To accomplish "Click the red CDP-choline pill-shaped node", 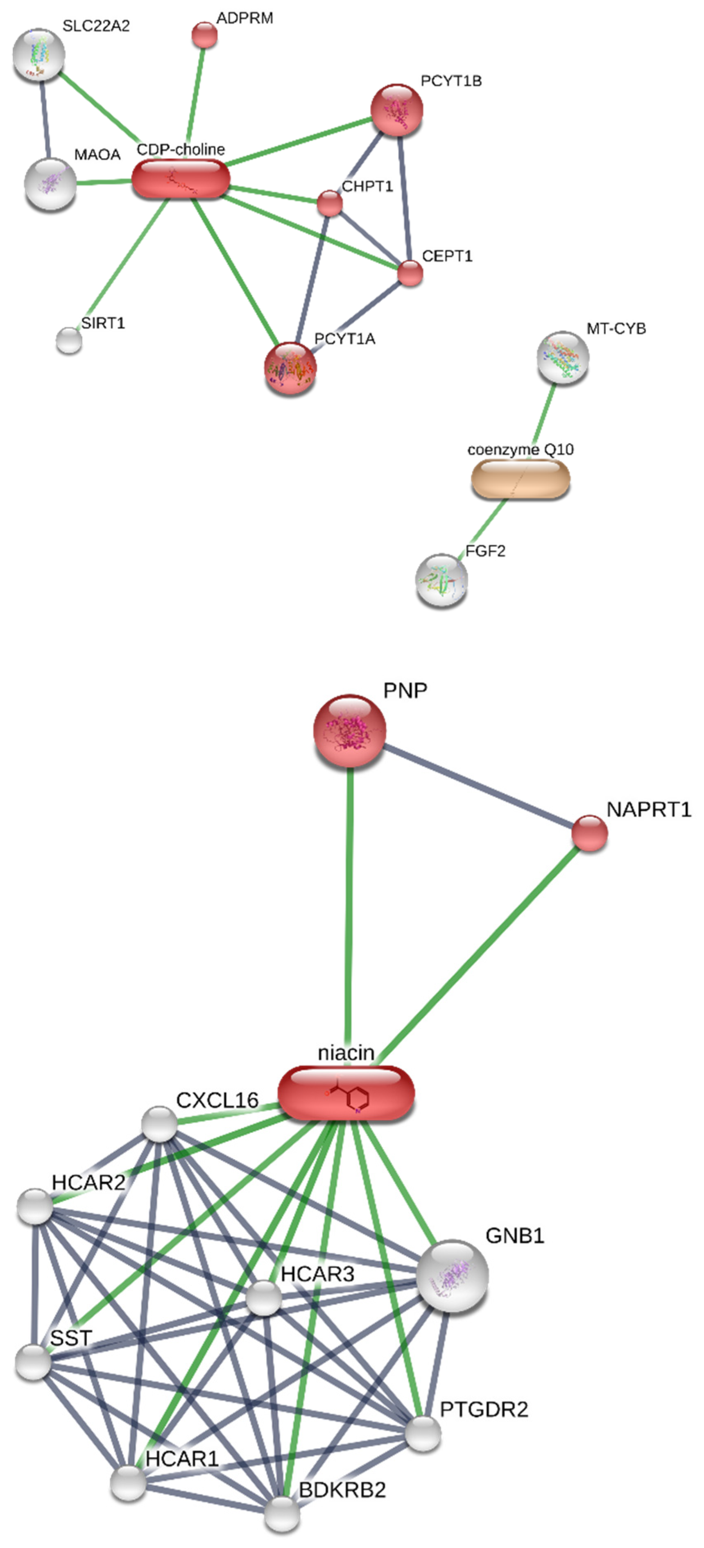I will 180,179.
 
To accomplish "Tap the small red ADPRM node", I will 204,35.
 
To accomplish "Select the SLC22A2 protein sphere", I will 38,55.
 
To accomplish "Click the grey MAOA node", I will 50,183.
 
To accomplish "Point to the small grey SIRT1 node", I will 69,341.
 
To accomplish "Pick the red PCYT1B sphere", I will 397,110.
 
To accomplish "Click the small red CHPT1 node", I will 329,203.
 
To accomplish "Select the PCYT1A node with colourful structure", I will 290,369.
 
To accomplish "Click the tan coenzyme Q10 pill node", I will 521,479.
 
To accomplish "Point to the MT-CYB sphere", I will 563,357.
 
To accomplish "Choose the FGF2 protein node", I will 442,580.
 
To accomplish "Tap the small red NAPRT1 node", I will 589,833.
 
